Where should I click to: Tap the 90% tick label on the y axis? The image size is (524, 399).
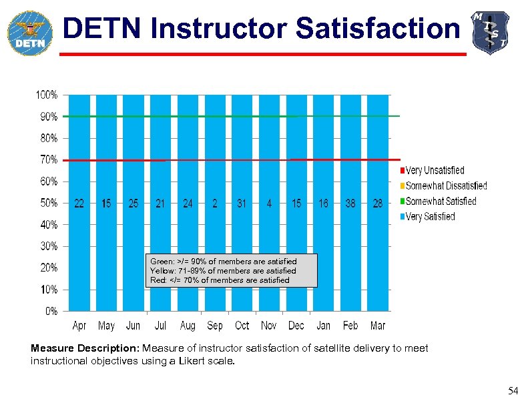[46, 117]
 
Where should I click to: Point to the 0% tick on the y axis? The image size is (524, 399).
[51, 311]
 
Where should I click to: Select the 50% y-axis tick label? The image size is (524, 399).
[46, 203]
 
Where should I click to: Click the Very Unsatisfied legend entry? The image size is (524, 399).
[435, 171]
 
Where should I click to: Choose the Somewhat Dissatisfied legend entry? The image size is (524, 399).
[446, 186]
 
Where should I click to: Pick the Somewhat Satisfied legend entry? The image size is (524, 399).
[441, 202]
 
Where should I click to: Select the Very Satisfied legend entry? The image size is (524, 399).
[430, 217]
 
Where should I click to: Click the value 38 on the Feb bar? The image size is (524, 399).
[350, 204]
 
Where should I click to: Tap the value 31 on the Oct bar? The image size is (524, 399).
[242, 204]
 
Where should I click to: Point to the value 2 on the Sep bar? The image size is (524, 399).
[215, 204]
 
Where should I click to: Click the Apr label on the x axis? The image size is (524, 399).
[79, 326]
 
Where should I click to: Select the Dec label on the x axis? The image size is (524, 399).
[296, 326]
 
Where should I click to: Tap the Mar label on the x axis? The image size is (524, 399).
[378, 326]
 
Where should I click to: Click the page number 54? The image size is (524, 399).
[512, 390]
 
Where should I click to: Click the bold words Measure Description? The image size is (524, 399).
[84, 348]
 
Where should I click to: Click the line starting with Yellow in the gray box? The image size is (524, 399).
[223, 271]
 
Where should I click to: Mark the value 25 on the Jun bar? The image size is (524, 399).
[134, 204]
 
